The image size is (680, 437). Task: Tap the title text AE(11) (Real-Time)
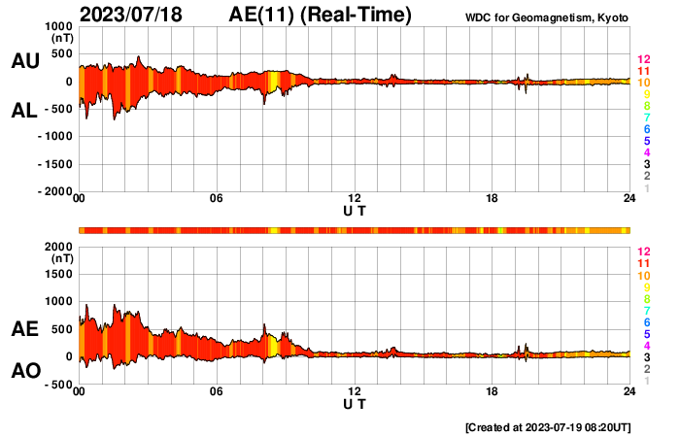coord(321,15)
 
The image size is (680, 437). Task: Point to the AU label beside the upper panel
coord(24,61)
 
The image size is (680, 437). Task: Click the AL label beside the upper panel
coord(24,112)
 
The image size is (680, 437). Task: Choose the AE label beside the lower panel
coord(24,330)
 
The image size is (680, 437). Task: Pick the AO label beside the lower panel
coord(24,371)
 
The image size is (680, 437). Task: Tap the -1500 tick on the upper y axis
coord(56,164)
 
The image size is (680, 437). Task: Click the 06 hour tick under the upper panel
coord(217,199)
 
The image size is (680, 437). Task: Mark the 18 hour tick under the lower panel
coord(493,391)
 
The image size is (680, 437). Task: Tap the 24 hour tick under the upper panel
coord(629,199)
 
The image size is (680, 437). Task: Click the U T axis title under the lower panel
coord(355,403)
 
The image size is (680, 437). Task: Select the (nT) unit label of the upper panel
coord(60,37)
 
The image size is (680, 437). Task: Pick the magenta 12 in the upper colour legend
coord(642,59)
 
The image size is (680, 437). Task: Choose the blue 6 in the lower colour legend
coord(643,321)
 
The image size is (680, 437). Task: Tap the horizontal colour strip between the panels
coord(355,230)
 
